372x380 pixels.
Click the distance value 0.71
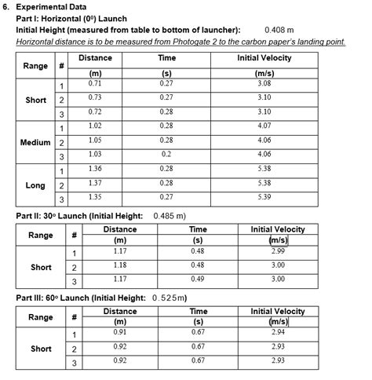95,82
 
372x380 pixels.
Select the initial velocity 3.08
264,82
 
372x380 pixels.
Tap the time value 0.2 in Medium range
166,154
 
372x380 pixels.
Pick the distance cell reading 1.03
95,154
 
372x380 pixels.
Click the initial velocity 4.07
264,126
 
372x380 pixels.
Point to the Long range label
35,186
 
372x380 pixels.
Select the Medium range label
35,142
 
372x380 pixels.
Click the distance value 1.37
95,182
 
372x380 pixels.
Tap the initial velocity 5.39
264,197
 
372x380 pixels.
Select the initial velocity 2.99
278,251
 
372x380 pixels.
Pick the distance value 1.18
120,265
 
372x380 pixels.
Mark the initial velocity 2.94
278,333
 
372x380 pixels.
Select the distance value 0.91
120,333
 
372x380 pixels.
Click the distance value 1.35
95,197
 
